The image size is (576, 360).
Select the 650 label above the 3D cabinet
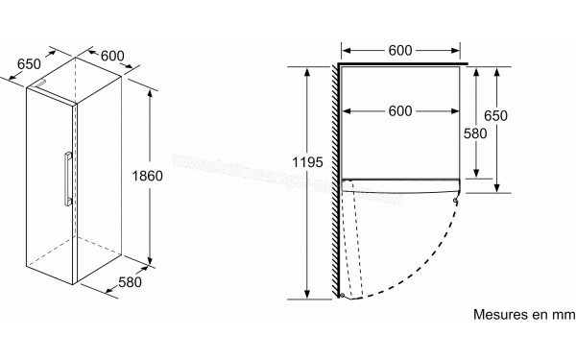(x=30, y=64)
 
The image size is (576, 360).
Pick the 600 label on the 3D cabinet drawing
(x=112, y=56)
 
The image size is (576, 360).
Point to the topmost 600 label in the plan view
(x=400, y=49)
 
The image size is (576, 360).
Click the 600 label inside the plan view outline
(x=400, y=110)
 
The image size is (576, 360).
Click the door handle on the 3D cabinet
(x=64, y=178)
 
